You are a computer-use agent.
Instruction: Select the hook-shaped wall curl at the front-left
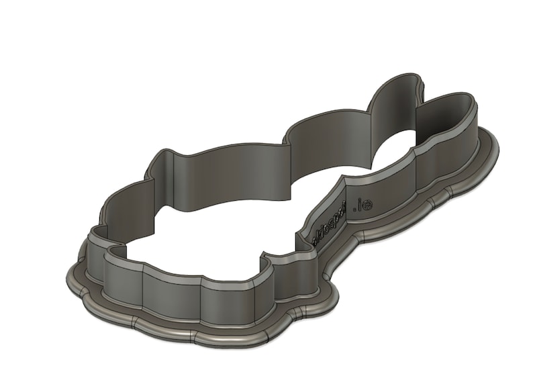(114, 252)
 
